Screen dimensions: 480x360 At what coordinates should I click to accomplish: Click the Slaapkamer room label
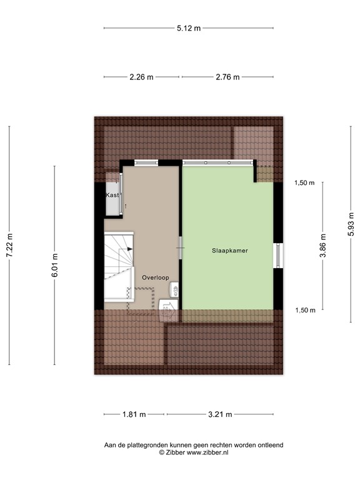click(229, 251)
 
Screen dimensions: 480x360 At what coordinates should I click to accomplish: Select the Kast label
click(112, 196)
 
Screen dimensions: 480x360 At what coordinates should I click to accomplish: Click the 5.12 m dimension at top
click(188, 28)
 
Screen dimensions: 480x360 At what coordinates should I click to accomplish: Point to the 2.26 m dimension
click(141, 77)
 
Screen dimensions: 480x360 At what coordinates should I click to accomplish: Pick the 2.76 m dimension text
click(227, 77)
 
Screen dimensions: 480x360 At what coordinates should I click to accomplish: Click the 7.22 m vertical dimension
click(9, 246)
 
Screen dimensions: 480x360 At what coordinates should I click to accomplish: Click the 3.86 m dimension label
click(322, 246)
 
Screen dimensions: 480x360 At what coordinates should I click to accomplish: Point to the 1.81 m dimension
click(134, 414)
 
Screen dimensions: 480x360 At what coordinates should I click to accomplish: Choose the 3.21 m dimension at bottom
click(219, 414)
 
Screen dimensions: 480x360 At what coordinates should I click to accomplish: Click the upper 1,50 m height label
click(305, 183)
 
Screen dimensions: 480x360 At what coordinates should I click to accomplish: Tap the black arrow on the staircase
click(129, 248)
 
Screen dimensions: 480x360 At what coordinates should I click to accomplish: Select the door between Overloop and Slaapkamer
click(181, 249)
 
